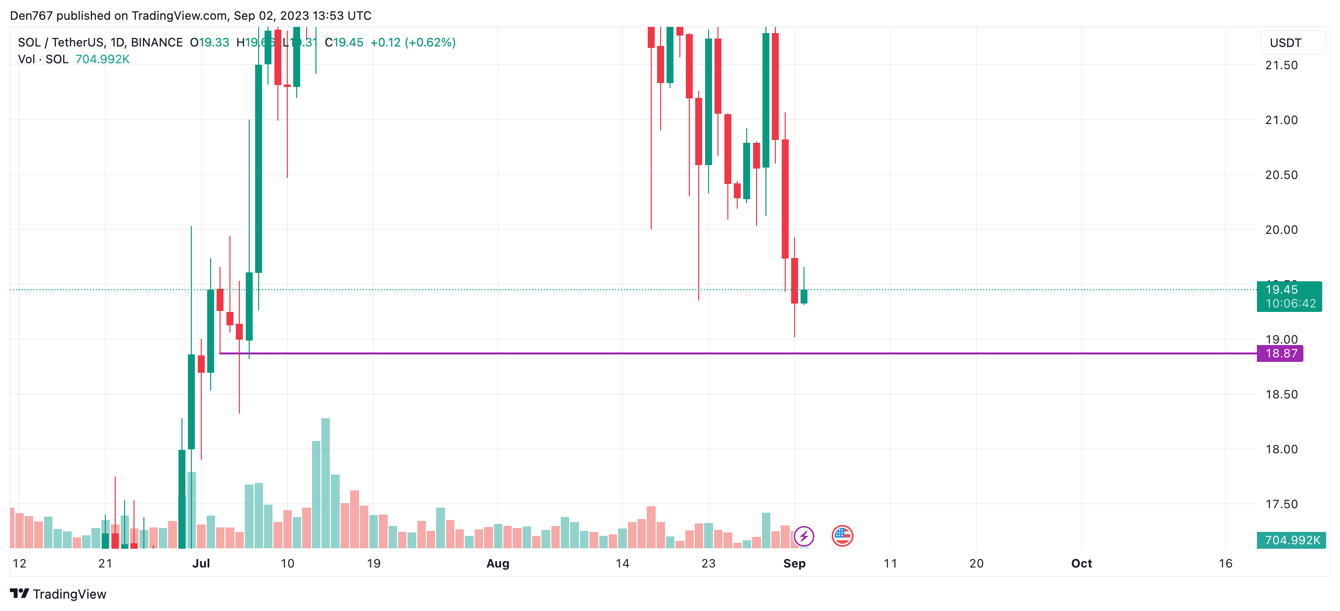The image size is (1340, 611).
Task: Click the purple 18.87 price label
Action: coord(1280,353)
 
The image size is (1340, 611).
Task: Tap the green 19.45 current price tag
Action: coord(1289,296)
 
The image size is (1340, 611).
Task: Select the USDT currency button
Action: coord(1292,43)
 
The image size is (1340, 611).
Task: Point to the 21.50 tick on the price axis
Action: coord(1281,65)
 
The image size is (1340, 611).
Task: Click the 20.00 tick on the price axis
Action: coord(1281,229)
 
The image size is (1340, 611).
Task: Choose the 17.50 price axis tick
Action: coord(1281,504)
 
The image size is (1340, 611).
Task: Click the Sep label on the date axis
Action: coord(794,563)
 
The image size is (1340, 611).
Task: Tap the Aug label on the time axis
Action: coord(497,563)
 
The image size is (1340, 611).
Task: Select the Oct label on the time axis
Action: coord(1081,563)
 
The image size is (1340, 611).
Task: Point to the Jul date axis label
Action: coord(201,563)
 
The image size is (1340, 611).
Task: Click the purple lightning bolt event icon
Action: coord(804,536)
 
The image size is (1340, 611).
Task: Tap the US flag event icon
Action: coord(842,536)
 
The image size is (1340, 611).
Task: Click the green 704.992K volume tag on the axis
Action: coord(1291,540)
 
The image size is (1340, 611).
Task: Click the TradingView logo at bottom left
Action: coord(58,594)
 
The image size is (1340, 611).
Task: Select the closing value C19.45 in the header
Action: coord(344,43)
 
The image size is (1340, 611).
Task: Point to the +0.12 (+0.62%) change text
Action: coord(412,43)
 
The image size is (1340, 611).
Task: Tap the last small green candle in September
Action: coord(804,297)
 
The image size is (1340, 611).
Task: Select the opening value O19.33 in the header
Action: coord(210,43)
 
